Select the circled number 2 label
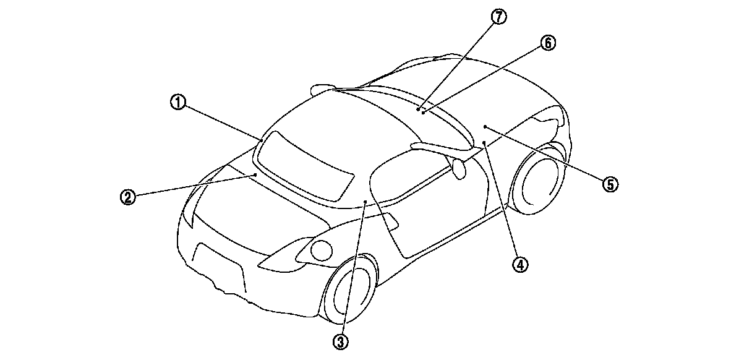(x=127, y=197)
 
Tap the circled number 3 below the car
(x=341, y=340)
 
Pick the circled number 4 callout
(x=519, y=265)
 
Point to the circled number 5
(x=610, y=183)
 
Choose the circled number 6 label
(x=547, y=43)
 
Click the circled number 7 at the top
(x=498, y=17)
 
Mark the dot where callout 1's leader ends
(x=262, y=140)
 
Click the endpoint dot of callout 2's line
(x=255, y=176)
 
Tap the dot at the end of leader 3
(x=365, y=202)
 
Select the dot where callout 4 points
(x=484, y=143)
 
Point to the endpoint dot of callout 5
(x=485, y=126)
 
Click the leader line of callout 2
(x=192, y=187)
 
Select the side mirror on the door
(x=459, y=169)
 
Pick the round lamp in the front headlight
(x=321, y=249)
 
